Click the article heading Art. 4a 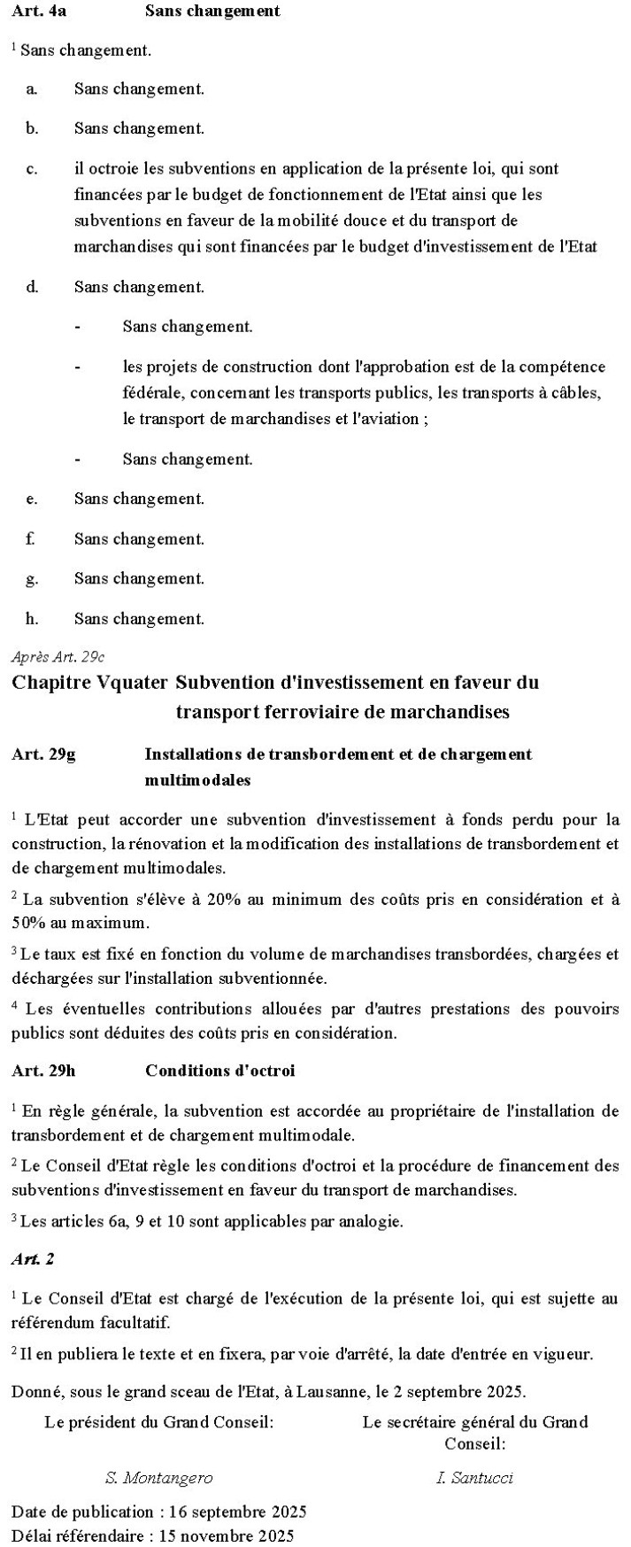click(33, 11)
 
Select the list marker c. click(31, 168)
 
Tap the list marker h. click(32, 618)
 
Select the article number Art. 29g click(43, 754)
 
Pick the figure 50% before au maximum click(28, 922)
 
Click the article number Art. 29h click(43, 1071)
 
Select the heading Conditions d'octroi click(219, 1071)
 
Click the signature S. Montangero click(158, 1478)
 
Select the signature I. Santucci click(474, 1478)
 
